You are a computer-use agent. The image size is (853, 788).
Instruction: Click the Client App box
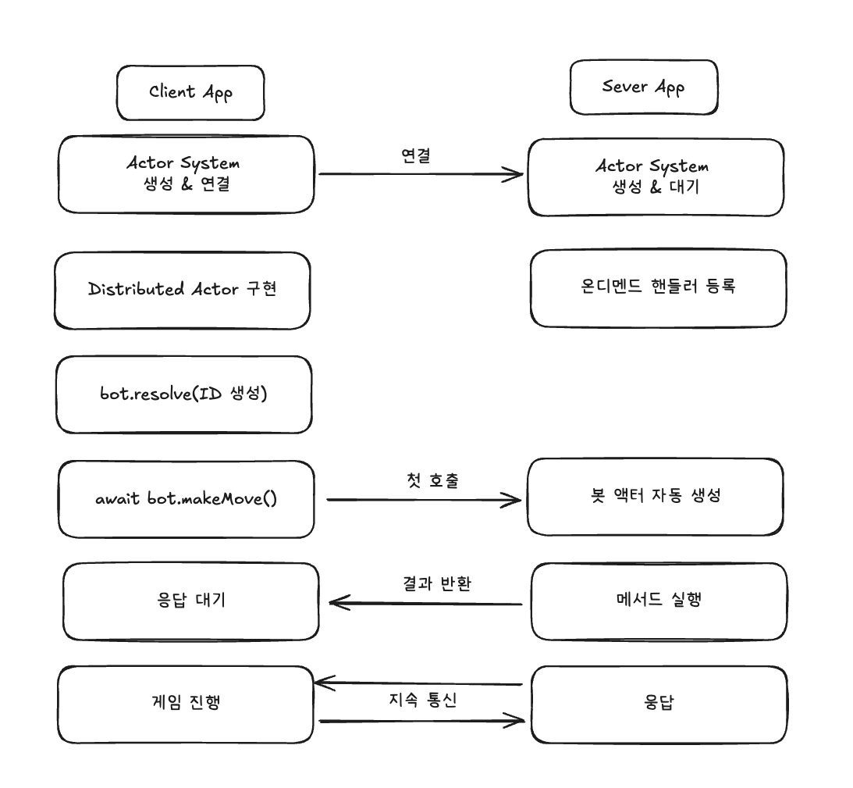(190, 92)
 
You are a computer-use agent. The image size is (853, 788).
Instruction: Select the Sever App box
(643, 87)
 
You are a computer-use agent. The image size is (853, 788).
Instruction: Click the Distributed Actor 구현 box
(183, 290)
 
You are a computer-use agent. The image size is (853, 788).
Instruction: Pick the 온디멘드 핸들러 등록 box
(658, 287)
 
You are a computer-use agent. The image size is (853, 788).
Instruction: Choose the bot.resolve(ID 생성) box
(184, 394)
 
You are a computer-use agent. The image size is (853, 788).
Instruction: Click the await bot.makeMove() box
(186, 498)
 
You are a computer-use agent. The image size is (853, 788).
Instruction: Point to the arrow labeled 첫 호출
(422, 500)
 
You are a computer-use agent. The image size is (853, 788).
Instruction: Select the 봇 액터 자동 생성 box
(655, 496)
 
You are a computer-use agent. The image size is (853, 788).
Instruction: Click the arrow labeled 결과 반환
(425, 603)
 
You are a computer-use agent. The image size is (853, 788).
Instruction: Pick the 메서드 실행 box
(658, 600)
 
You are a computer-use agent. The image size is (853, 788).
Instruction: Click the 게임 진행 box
(185, 703)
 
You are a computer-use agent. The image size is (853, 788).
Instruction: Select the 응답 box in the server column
(658, 703)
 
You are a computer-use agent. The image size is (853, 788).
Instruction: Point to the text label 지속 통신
(422, 700)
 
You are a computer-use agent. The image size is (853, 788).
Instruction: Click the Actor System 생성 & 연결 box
(186, 174)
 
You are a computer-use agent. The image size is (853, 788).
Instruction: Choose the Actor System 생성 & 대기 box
(656, 177)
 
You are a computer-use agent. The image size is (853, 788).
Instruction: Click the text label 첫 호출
(422, 480)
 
